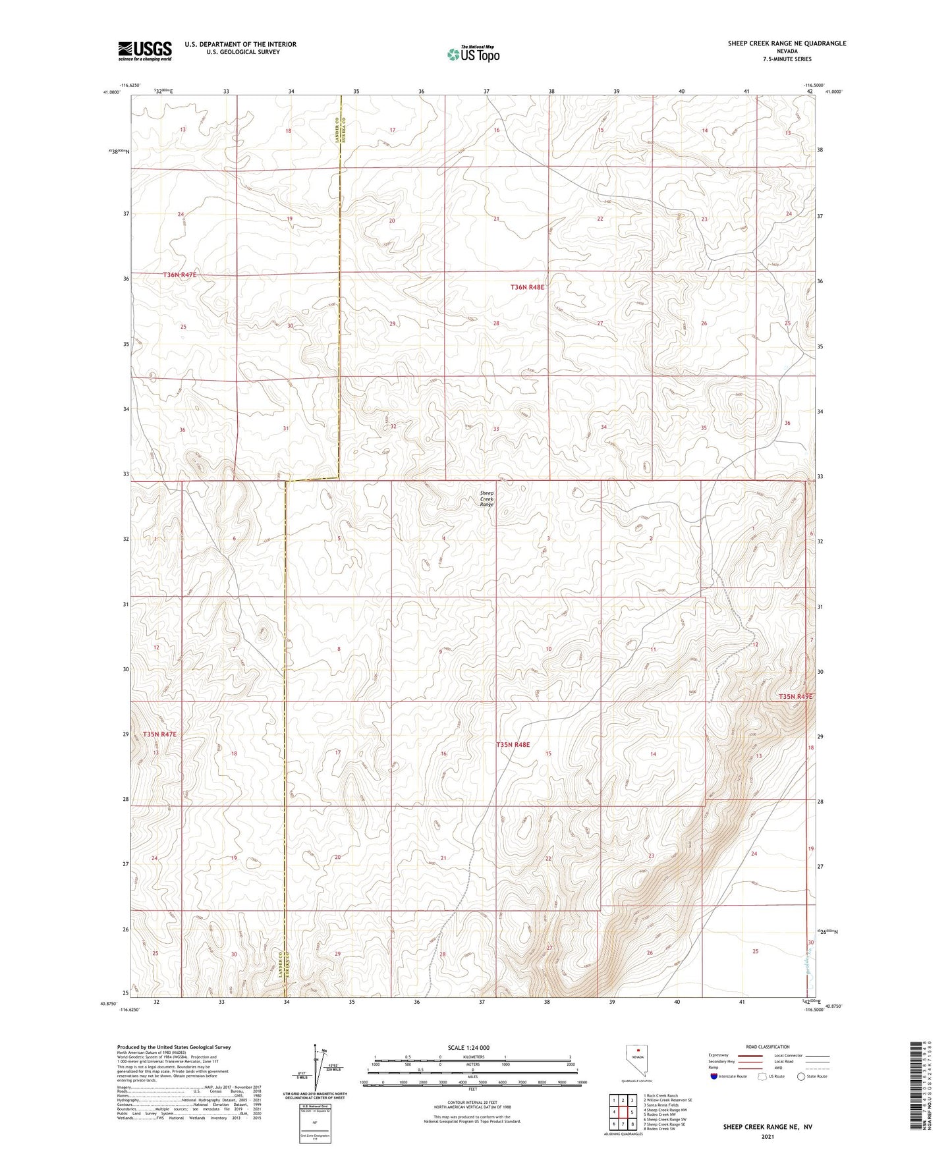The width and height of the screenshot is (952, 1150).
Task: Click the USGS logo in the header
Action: tap(144, 51)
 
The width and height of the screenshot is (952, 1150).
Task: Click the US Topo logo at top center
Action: tap(473, 53)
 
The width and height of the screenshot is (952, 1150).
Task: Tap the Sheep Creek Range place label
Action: tap(486, 499)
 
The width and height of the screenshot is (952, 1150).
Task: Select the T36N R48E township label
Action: tap(528, 287)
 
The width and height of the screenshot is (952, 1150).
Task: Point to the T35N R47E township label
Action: tap(159, 734)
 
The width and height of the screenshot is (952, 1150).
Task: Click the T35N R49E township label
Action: tap(795, 696)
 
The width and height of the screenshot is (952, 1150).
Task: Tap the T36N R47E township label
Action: tap(179, 274)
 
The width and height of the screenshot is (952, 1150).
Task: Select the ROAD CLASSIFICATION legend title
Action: tap(768, 1047)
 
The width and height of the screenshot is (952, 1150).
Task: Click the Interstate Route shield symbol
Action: tap(714, 1076)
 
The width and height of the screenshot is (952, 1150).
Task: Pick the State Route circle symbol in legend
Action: tap(801, 1076)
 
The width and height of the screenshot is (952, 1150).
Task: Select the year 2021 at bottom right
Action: tap(767, 1137)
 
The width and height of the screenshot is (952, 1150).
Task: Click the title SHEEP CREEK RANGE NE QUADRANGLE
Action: tap(787, 43)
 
